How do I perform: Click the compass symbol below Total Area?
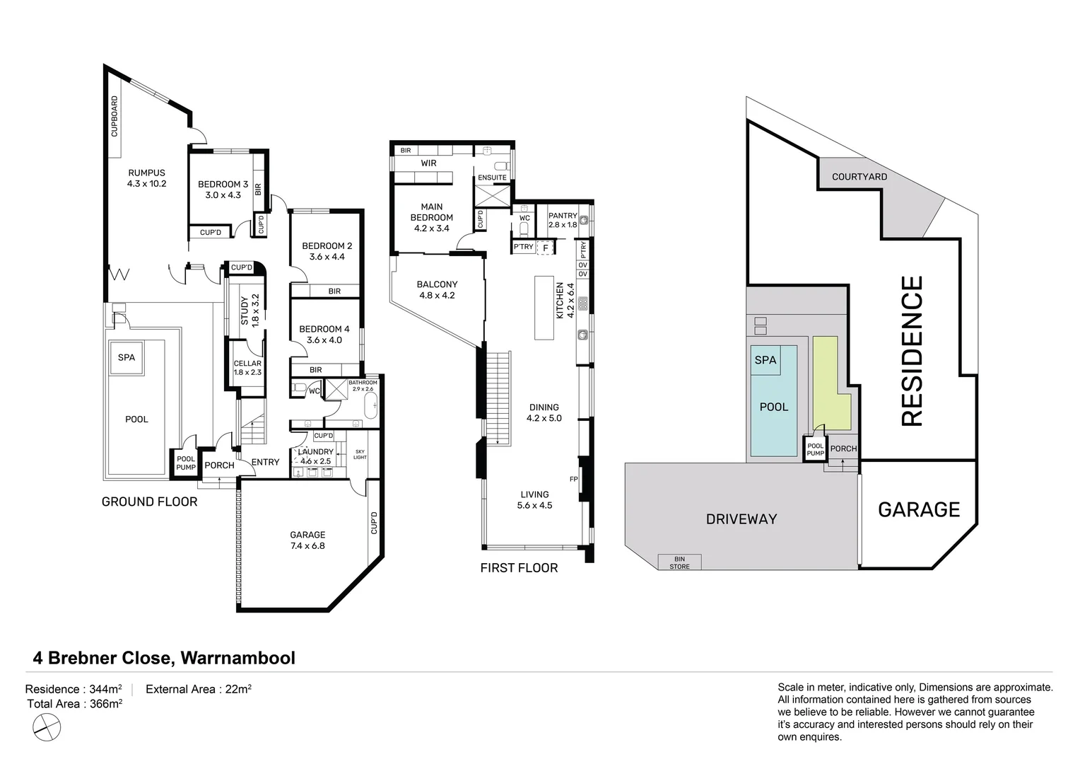[47, 727]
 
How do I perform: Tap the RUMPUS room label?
[146, 173]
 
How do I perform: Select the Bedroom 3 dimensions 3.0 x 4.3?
[223, 195]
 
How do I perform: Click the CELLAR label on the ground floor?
[247, 364]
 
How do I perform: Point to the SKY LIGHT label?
[360, 454]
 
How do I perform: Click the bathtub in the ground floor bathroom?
[371, 406]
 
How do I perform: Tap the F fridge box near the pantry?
[546, 248]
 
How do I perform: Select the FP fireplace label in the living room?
[574, 479]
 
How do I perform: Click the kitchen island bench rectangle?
[544, 308]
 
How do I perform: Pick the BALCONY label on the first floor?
[437, 284]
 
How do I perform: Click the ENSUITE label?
[492, 178]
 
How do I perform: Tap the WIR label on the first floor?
[428, 163]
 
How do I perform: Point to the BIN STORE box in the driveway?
[679, 562]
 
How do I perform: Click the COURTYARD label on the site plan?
[859, 177]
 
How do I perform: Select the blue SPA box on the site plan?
[765, 360]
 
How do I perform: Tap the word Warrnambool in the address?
[237, 658]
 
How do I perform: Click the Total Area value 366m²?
[105, 704]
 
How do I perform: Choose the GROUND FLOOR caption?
[149, 502]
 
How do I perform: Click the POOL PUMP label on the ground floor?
[186, 463]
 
